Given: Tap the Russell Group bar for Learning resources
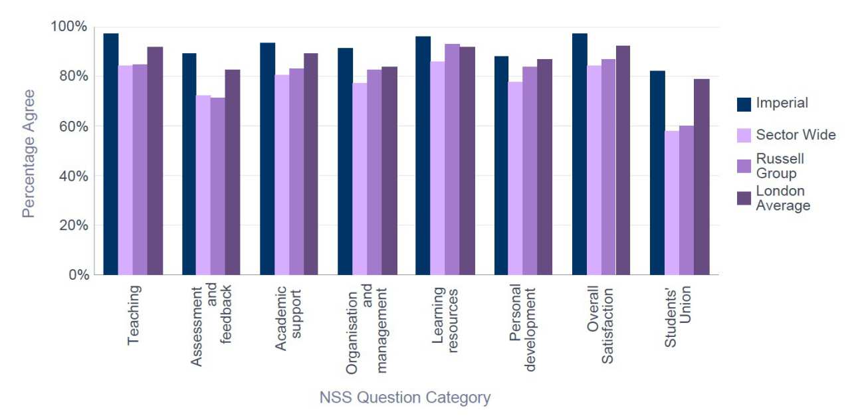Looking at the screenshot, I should tap(453, 159).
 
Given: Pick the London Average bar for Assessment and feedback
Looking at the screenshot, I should tap(233, 172).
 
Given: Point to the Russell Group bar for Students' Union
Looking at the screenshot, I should tap(687, 200).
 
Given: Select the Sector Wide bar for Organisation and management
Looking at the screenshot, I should tap(360, 179).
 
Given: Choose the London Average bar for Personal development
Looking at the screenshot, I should tap(544, 167).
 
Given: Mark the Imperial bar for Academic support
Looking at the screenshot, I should tap(267, 159).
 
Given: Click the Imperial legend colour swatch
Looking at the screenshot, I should tap(744, 104).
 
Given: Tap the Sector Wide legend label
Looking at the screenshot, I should tap(796, 135).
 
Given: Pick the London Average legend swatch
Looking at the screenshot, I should tap(744, 198).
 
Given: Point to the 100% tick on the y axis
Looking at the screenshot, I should tap(68, 27).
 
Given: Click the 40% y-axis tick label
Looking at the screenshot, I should tap(71, 176).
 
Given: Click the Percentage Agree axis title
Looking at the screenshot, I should tap(28, 154).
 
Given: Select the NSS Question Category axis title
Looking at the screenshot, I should tap(405, 398).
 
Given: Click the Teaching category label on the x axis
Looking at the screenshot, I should tap(134, 315).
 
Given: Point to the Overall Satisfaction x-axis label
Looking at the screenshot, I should tap(601, 325).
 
